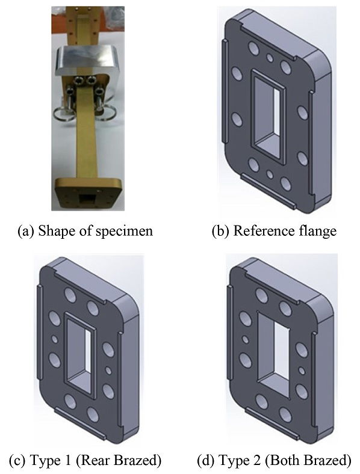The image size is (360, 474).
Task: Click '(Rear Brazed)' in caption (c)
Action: pos(118,461)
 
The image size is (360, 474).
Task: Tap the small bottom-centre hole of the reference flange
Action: pos(270,174)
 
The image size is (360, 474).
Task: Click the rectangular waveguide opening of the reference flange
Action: pos(269,116)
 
